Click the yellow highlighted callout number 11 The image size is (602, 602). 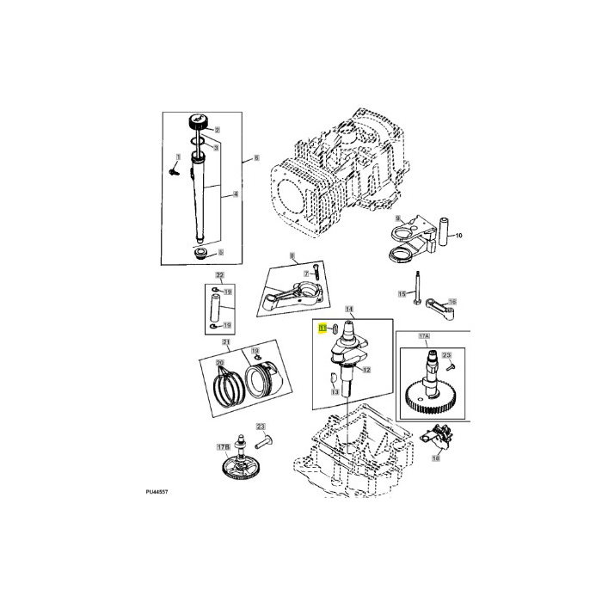point(322,328)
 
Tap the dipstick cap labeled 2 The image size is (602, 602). point(203,120)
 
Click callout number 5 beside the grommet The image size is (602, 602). point(220,252)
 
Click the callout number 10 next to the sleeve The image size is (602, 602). point(458,236)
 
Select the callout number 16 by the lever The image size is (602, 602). point(453,302)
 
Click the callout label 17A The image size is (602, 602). point(423,338)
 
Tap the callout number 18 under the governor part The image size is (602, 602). point(435,459)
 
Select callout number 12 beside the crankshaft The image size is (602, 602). point(366,370)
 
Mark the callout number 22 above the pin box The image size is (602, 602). point(219,276)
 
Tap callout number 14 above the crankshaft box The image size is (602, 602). point(349,308)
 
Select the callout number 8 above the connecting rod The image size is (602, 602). point(292,255)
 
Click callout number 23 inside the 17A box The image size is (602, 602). point(446,355)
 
